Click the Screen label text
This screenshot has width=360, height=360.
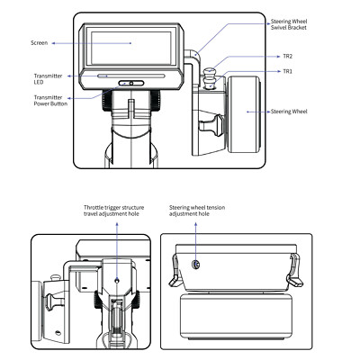[x=39, y=43]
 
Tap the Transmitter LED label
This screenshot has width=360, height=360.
[x=48, y=79]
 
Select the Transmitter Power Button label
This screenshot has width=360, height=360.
[x=50, y=101]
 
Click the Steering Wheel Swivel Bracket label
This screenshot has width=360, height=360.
[x=289, y=24]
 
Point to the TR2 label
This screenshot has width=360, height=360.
[x=287, y=57]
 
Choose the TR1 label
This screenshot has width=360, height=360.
[x=287, y=71]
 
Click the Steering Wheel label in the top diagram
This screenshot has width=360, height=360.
[x=289, y=112]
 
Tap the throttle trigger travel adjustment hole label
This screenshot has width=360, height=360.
[x=113, y=211]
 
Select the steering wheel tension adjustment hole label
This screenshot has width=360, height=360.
[x=197, y=211]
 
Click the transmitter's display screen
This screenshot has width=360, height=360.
[x=131, y=48]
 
